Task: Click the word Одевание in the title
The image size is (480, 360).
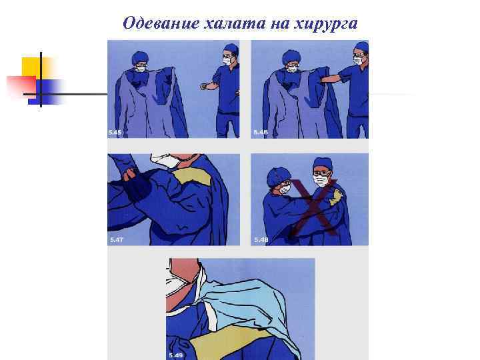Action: tap(161, 23)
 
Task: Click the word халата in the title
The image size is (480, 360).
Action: tap(235, 23)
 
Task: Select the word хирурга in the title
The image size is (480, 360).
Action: tap(325, 24)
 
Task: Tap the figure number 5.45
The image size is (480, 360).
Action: tap(115, 133)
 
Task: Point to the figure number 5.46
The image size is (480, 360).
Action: tap(261, 133)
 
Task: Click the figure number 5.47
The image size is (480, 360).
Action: tap(116, 240)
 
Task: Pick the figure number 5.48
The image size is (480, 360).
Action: tap(261, 240)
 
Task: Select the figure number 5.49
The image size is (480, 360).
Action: tap(176, 355)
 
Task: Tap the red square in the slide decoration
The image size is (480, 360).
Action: tap(21, 85)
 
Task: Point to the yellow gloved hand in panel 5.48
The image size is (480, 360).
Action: tap(336, 197)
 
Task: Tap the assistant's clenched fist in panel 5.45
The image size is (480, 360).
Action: tap(203, 86)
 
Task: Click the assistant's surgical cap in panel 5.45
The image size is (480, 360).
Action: tap(231, 49)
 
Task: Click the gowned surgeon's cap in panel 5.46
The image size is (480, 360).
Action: tap(290, 57)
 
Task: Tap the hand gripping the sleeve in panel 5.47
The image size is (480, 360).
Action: tap(129, 175)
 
